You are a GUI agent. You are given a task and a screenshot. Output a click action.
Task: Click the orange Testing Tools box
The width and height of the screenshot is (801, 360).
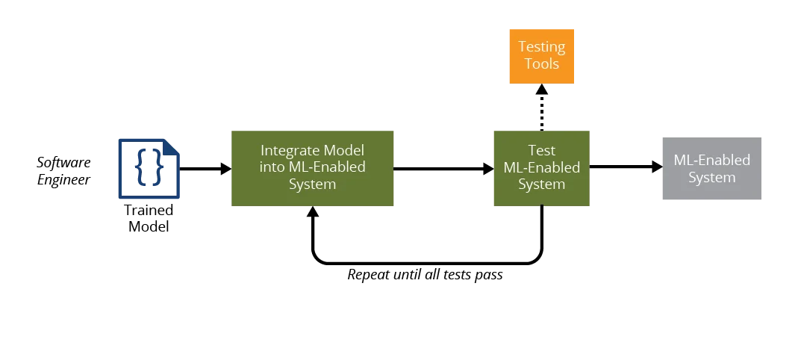click(x=543, y=55)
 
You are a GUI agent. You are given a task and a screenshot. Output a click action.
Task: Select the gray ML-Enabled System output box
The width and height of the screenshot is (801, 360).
click(x=710, y=170)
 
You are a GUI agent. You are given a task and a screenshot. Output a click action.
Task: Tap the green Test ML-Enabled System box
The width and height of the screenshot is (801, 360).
click(x=540, y=167)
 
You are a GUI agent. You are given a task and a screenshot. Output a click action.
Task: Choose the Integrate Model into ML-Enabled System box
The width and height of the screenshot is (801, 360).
click(x=311, y=167)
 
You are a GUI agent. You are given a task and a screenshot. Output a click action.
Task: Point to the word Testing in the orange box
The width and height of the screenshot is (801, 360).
click(x=542, y=46)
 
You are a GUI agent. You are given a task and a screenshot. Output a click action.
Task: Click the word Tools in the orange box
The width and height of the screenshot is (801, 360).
click(x=542, y=63)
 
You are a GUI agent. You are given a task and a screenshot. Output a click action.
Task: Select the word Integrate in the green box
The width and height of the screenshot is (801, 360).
click(x=291, y=150)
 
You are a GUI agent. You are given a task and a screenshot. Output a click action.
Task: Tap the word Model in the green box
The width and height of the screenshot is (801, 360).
click(x=344, y=150)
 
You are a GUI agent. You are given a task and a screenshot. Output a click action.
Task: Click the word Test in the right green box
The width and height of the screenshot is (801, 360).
click(x=541, y=150)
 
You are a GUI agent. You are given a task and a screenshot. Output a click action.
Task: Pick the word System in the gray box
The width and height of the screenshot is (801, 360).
click(x=711, y=178)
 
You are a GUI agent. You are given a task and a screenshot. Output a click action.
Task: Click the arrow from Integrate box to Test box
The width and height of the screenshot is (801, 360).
click(x=440, y=170)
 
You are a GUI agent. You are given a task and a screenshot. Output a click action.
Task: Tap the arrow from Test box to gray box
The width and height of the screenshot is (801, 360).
click(x=624, y=167)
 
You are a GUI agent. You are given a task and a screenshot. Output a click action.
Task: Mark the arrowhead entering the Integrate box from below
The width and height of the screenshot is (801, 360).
click(x=314, y=215)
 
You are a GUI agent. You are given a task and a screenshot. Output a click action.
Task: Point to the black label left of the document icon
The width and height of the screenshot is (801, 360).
click(x=66, y=171)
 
